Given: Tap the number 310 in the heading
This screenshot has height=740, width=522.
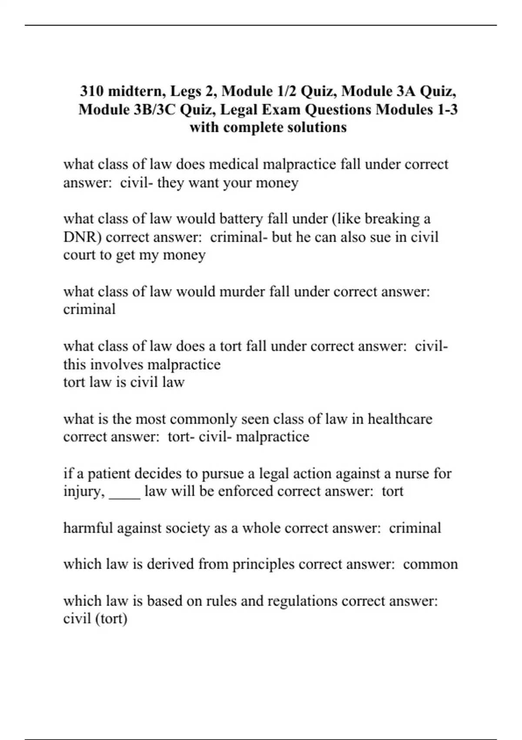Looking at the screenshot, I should (x=92, y=91).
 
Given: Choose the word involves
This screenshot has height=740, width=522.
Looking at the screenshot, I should (x=117, y=364).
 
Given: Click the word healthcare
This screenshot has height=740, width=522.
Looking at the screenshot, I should (x=400, y=419).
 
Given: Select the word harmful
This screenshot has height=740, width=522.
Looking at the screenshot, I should (x=88, y=528).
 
